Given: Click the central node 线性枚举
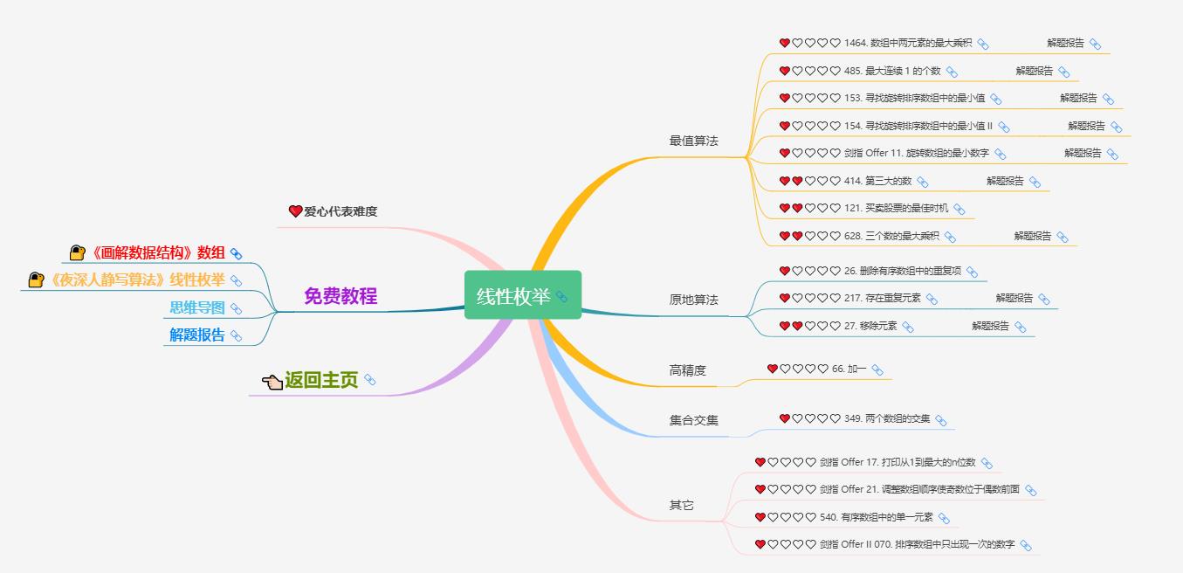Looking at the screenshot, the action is point(522,295).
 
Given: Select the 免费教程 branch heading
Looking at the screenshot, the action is point(340,296).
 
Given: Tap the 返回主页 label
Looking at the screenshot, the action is point(321,380).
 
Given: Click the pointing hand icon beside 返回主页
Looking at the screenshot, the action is point(272,381).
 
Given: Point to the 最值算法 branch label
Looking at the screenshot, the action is point(693,141).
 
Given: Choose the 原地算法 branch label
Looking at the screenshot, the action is point(693,300).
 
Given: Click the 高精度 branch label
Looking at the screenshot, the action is point(687,370).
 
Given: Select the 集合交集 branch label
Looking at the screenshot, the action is point(693,420).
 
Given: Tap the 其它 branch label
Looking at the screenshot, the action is point(681,505).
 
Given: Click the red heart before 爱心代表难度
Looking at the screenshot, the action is point(295,211).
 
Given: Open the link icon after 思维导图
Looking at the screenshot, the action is point(236,308).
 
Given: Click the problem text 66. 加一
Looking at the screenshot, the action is point(849,369).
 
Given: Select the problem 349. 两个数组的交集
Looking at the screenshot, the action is point(887,418).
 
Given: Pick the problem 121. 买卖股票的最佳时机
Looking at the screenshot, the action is point(896,208).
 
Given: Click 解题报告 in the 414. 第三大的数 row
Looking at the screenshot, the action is point(1005,181).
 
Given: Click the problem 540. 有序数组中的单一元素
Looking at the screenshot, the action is point(877,517).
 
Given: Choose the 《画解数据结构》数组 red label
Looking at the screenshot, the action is point(157,252).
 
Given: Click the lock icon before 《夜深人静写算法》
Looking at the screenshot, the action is point(36,280).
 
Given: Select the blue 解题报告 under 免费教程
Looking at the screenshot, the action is point(197,335).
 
